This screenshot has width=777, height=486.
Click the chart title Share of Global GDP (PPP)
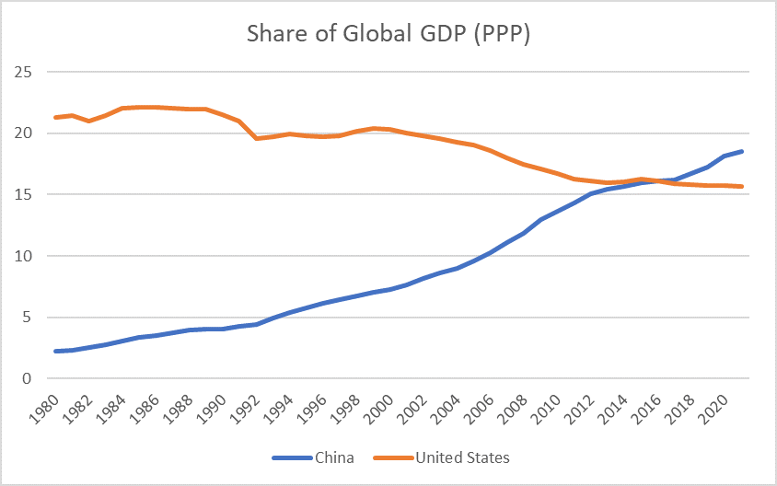pos(388,34)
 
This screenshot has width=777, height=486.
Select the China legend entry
pos(333,457)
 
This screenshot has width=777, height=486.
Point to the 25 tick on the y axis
pos(24,72)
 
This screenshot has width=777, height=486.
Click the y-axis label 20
pos(24,133)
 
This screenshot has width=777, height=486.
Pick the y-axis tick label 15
pos(24,194)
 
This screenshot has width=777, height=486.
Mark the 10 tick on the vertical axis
pos(24,256)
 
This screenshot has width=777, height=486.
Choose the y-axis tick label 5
pos(28,318)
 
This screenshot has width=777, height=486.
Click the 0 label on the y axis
pos(28,378)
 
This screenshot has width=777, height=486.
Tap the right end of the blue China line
pos(743,151)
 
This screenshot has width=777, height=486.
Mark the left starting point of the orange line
pos(56,117)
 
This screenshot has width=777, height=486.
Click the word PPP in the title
pos(504,34)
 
